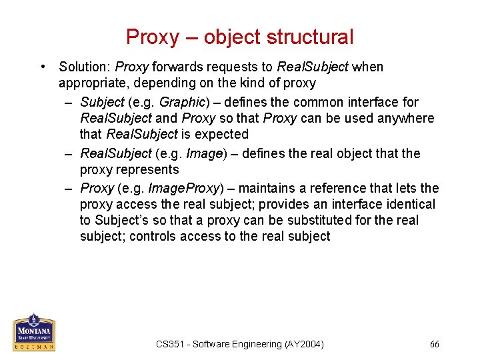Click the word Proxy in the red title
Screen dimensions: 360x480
pyautogui.click(x=153, y=37)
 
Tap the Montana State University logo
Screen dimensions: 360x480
pyautogui.click(x=33, y=331)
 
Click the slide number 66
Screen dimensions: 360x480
pyautogui.click(x=435, y=344)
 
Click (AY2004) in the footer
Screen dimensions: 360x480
pyautogui.click(x=304, y=344)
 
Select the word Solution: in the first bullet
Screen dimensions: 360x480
pyautogui.click(x=85, y=67)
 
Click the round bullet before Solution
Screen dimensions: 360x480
pyautogui.click(x=43, y=67)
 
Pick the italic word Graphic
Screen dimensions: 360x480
pyautogui.click(x=181, y=102)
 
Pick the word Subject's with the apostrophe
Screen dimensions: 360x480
pyautogui.click(x=121, y=220)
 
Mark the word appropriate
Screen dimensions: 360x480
pyautogui.click(x=89, y=83)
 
